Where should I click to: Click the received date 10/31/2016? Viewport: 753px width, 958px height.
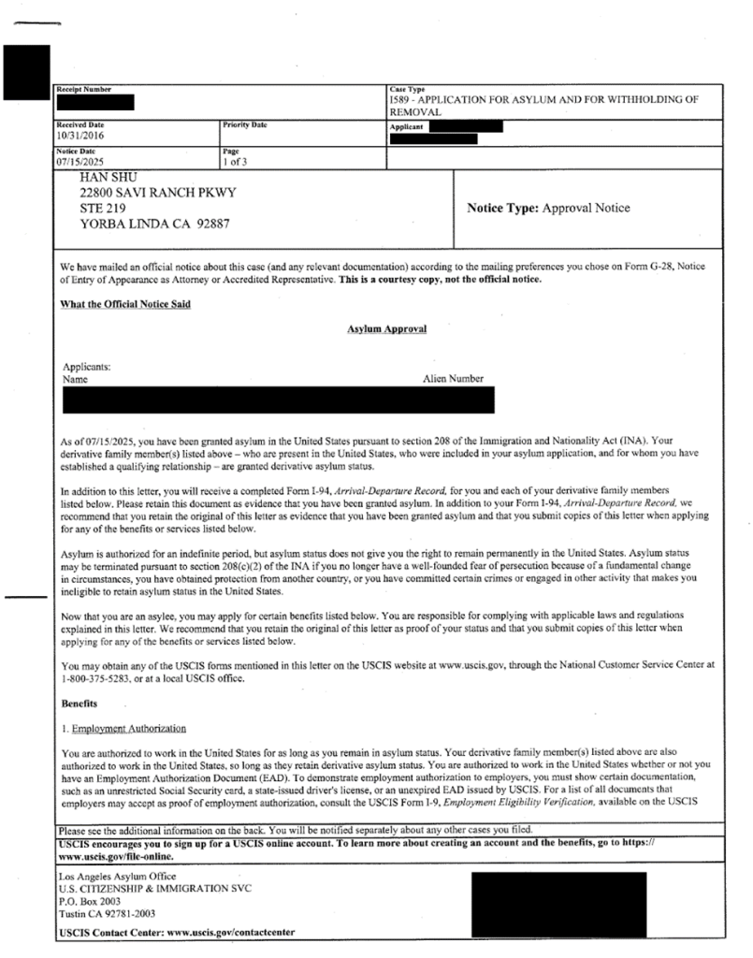click(x=78, y=134)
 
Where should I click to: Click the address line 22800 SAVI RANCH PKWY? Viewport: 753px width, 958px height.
click(x=156, y=193)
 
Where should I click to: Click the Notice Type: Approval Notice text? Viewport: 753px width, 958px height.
click(x=547, y=208)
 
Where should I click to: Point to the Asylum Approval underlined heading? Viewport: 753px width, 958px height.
click(x=386, y=330)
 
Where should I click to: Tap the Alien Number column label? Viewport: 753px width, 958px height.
click(x=454, y=379)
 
